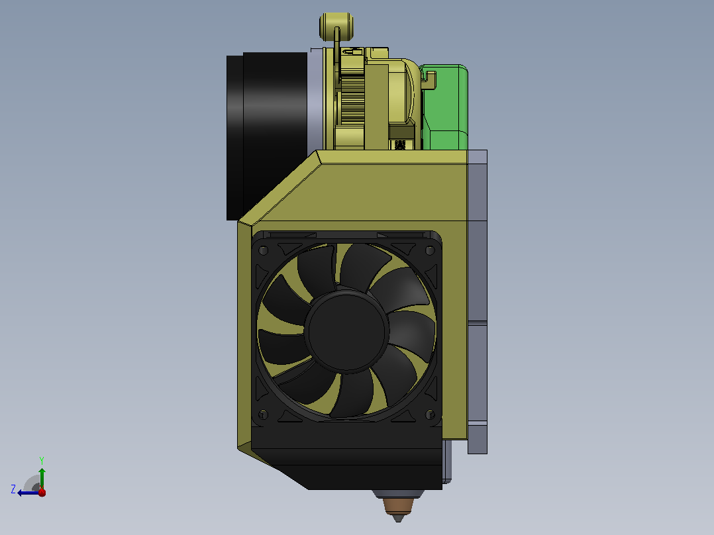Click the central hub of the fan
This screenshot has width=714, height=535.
[x=346, y=332]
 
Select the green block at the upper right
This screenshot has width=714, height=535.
[x=445, y=107]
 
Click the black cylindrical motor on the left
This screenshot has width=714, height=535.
[x=268, y=136]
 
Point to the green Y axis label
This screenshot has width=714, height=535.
[x=42, y=460]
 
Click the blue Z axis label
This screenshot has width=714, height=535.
[x=13, y=489]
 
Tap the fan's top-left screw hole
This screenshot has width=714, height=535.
[x=263, y=250]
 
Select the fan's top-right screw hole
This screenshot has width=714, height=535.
[x=429, y=250]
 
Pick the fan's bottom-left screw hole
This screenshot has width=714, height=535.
[x=263, y=414]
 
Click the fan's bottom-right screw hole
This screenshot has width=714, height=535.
[x=429, y=414]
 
